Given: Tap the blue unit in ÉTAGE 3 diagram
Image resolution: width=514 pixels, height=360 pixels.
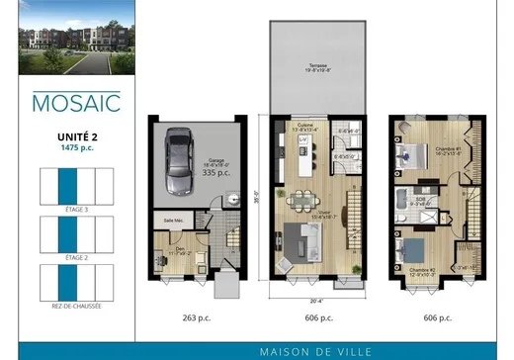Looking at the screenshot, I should click(x=65, y=186).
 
